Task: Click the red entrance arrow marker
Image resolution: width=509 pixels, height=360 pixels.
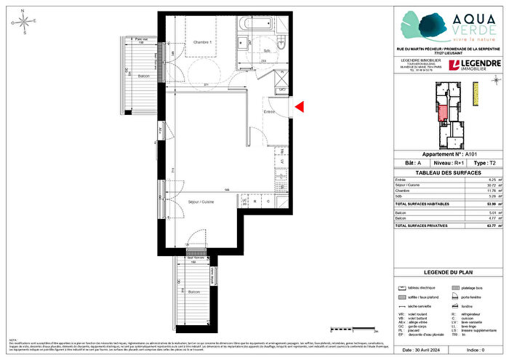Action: tap(299, 108)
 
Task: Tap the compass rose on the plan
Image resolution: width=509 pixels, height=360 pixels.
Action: tap(25, 23)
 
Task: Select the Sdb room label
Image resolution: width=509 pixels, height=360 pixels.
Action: tap(267, 49)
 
